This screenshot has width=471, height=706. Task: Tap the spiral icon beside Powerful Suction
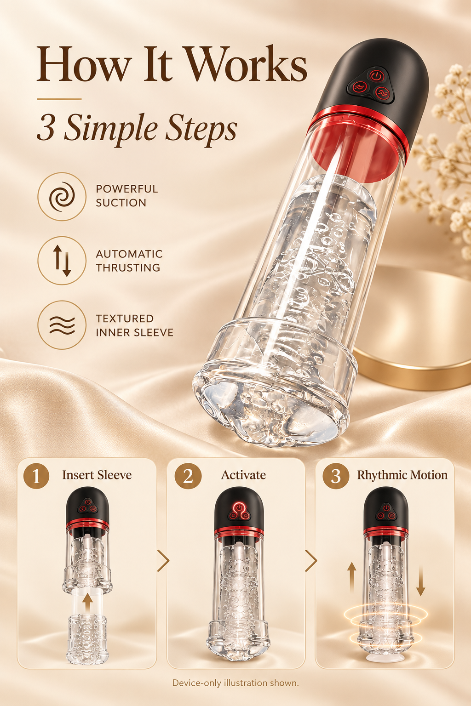(62, 196)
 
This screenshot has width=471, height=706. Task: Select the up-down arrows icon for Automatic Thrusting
(62, 261)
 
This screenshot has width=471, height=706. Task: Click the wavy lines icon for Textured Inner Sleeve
(62, 325)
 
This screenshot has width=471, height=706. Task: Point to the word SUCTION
(121, 203)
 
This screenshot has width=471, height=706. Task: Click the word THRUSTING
(128, 268)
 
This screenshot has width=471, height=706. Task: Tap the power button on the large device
(377, 76)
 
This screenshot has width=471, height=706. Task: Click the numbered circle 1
(36, 476)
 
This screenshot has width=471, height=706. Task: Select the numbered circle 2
(188, 476)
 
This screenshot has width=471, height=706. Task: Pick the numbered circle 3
(336, 476)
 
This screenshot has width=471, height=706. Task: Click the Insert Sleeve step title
(97, 475)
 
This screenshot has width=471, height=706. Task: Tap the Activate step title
(243, 475)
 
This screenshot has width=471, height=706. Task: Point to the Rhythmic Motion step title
(402, 475)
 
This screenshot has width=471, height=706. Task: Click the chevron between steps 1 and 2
(163, 561)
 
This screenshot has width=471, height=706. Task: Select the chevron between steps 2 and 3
(311, 561)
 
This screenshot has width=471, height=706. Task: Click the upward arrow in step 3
(352, 578)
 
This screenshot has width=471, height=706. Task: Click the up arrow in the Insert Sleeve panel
(87, 602)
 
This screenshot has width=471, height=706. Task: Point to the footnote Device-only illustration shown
(235, 683)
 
